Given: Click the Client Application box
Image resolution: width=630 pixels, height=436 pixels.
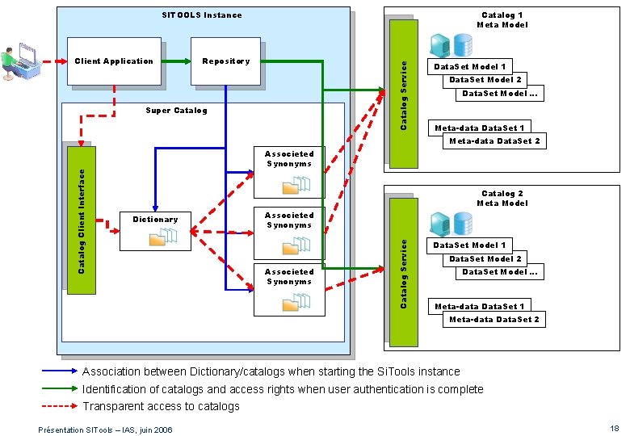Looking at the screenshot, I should pos(113,61).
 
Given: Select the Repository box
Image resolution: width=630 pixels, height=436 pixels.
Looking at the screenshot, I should pos(226,61).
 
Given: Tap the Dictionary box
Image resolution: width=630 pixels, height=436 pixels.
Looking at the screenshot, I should pos(155,229).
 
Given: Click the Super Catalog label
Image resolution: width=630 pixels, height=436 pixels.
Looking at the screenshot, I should pos(176,111).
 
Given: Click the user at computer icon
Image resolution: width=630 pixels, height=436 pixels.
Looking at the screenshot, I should pos(19,63).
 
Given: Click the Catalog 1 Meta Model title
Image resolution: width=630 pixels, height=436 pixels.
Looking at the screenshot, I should pos(502,19).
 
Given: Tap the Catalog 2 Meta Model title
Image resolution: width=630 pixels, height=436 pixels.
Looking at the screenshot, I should pos(502,198).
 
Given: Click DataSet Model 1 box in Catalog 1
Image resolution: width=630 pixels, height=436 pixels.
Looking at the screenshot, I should pos(470,67).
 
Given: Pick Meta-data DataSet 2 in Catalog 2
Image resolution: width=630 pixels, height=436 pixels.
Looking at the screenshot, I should pos(494,320).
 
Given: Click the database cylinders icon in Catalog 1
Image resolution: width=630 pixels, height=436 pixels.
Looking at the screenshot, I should pos(451,44).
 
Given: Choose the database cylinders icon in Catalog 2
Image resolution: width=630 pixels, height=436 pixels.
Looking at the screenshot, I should pos(451,223).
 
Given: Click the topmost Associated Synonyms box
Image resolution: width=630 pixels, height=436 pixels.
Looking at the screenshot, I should pos(289,172).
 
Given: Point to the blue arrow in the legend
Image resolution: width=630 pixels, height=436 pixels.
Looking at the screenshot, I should pos(61,371).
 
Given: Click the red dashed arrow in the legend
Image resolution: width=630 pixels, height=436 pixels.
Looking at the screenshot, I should pos(61,406).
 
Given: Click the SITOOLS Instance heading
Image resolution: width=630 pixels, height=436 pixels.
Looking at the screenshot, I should pos(201,15).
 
